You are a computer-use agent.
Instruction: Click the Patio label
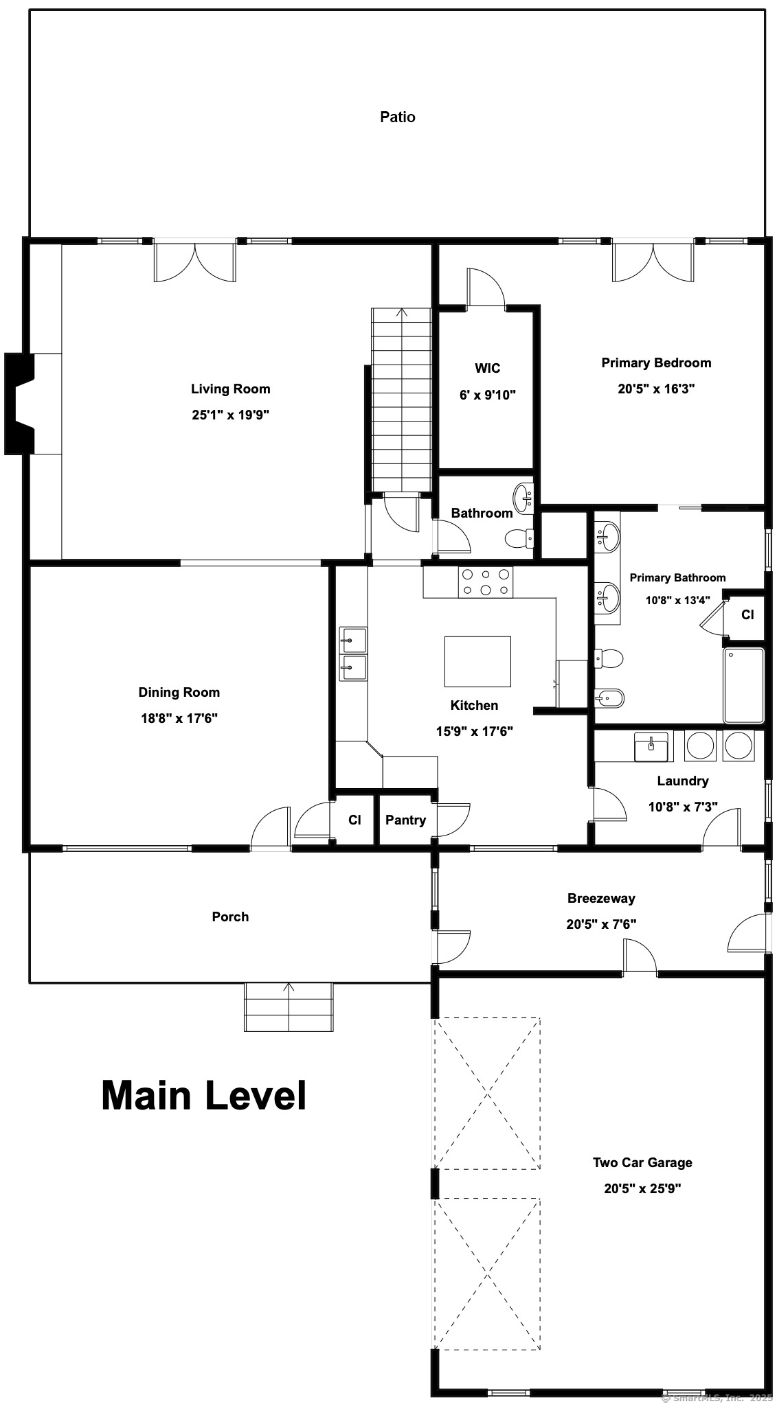tap(398, 117)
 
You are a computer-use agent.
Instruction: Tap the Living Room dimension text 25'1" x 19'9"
tap(230, 415)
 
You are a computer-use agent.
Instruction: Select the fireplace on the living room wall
tap(20, 404)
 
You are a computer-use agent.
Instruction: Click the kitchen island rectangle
tap(477, 661)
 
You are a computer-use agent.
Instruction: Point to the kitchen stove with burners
tap(486, 582)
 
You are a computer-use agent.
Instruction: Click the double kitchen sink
tap(353, 654)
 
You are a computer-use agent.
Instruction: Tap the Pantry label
tap(405, 820)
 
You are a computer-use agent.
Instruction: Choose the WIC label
tap(487, 369)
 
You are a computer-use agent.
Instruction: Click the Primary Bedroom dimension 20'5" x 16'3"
tap(656, 389)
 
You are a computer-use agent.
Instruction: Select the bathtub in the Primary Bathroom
tap(744, 685)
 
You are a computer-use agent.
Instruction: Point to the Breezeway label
tap(601, 898)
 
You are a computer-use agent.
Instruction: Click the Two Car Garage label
tap(642, 1162)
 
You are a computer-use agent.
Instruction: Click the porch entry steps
tap(289, 1006)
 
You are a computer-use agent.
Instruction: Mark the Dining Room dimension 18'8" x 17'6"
tap(179, 718)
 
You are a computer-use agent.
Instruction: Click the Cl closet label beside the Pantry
tap(354, 820)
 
